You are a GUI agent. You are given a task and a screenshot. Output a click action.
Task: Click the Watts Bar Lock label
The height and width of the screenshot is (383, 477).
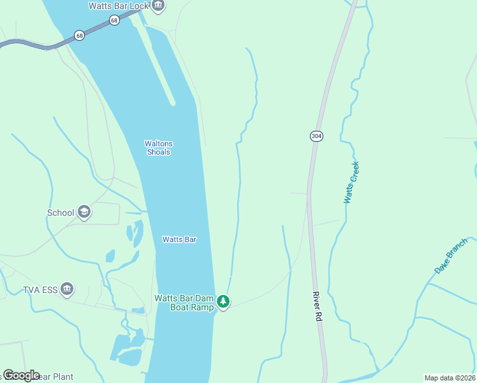click(119, 6)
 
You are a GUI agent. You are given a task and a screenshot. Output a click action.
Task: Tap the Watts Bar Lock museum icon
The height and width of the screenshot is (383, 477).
click(158, 6)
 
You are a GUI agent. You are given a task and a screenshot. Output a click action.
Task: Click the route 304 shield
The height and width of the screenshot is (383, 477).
click(316, 136)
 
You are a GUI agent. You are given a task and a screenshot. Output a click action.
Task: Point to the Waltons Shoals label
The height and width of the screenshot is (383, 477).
click(159, 147)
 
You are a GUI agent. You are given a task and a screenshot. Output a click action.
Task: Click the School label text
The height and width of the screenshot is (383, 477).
click(61, 213)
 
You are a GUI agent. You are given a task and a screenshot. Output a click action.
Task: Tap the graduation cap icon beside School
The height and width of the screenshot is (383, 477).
click(84, 213)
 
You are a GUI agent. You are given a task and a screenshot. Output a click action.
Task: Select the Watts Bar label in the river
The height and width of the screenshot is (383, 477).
click(179, 239)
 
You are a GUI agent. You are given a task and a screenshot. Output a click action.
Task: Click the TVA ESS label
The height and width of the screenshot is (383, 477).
click(40, 289)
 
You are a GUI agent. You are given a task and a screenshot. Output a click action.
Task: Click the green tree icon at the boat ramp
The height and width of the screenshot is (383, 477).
click(223, 301)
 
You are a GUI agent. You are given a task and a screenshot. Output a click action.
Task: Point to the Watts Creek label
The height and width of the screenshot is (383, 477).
click(351, 183)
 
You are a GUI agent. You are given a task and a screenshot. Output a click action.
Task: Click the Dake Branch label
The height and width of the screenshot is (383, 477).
click(451, 256)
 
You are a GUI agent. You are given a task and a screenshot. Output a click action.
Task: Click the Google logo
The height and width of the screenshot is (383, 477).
click(22, 375)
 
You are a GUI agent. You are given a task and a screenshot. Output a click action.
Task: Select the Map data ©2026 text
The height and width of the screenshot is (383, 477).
click(449, 378)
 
